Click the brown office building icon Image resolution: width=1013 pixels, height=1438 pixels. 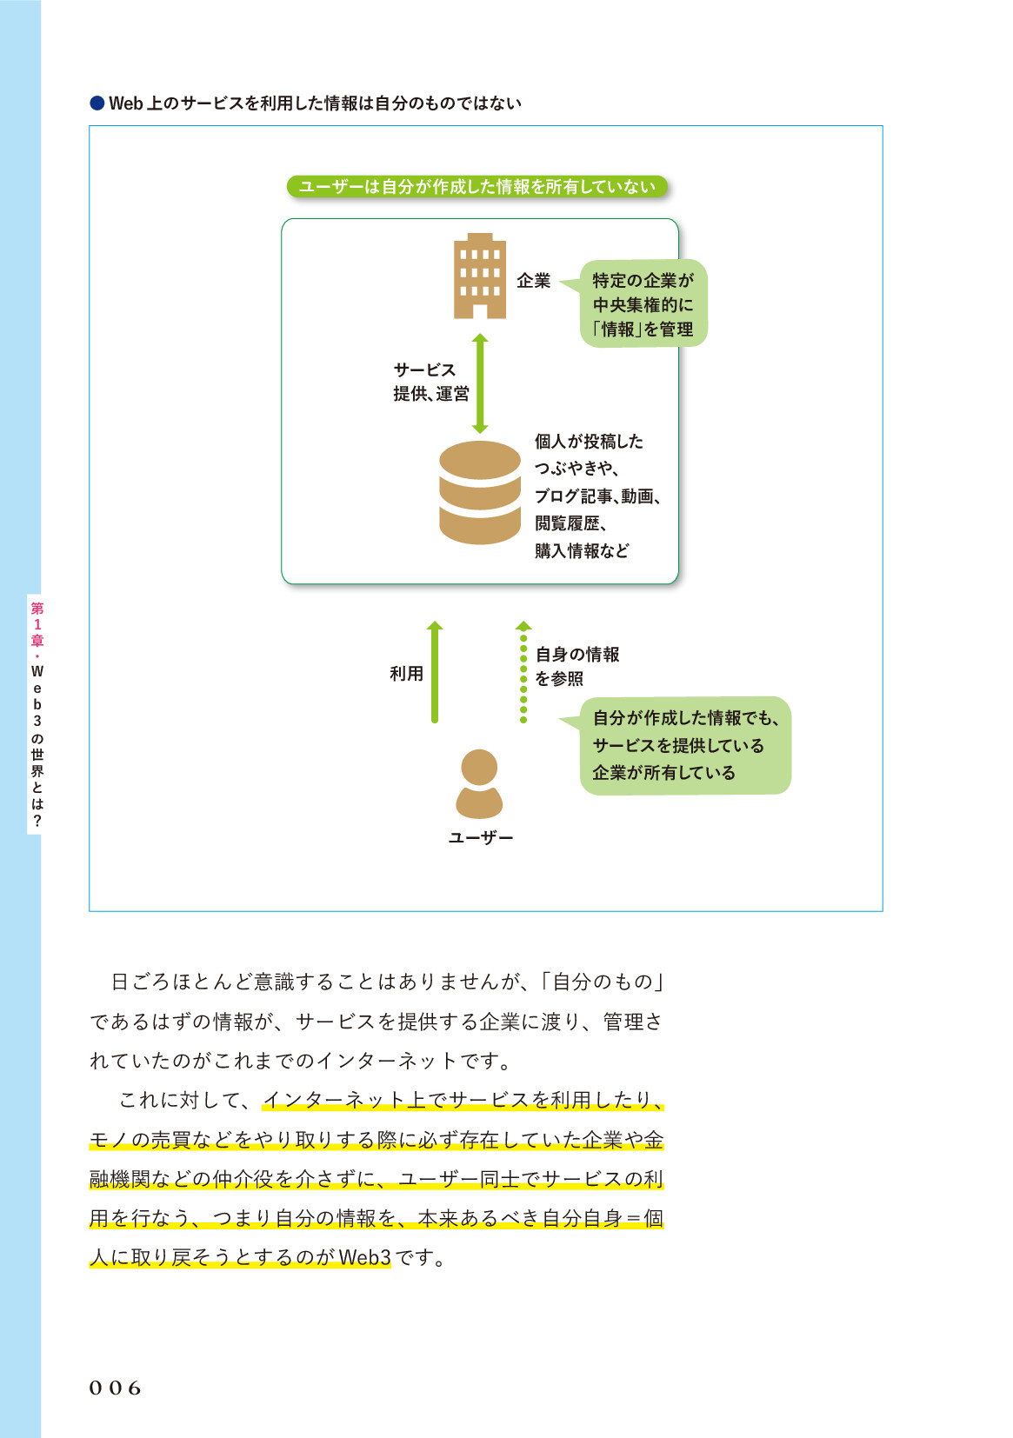[x=479, y=276]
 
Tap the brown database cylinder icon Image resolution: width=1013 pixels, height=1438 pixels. [x=479, y=492]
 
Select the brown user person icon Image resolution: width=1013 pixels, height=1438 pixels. [x=479, y=784]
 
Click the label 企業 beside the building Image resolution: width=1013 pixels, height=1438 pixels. [x=534, y=281]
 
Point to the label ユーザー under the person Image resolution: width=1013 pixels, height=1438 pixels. [x=480, y=838]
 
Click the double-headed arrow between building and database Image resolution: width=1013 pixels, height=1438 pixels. [x=480, y=383]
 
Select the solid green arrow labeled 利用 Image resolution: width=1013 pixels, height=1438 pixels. [x=435, y=672]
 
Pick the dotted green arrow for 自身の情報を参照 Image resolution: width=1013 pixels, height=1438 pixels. [x=523, y=672]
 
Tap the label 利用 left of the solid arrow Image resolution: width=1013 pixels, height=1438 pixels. [x=406, y=674]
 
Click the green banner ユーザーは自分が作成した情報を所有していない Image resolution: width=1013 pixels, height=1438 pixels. [x=477, y=187]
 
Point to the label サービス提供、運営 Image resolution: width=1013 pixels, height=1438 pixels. [x=430, y=382]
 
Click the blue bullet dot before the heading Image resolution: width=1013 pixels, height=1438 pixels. [x=97, y=103]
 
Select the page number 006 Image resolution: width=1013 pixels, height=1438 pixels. [x=115, y=1388]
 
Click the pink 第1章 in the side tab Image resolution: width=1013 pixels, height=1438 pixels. [x=37, y=624]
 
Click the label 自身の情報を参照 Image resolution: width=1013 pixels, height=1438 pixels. [x=577, y=666]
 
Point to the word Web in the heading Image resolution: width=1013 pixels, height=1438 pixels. [x=126, y=103]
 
